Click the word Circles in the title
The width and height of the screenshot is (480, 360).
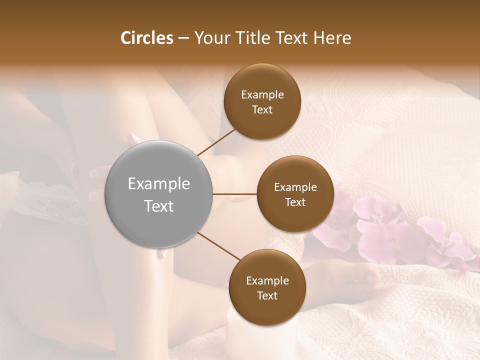tap(146, 38)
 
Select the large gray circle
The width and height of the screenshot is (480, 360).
tap(158, 194)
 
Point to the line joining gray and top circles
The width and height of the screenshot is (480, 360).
tap(216, 142)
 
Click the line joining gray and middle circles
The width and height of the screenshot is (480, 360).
tap(235, 194)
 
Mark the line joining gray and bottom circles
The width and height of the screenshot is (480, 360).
tap(218, 246)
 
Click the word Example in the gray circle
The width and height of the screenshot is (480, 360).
tap(158, 183)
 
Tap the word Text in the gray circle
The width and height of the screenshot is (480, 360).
tap(158, 205)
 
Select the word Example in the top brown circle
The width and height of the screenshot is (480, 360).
tap(262, 95)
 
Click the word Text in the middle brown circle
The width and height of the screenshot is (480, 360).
tap(295, 202)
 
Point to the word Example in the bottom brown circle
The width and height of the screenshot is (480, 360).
tap(267, 280)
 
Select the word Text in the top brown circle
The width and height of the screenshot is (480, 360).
tap(262, 109)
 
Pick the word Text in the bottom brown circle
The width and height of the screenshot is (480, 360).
tap(267, 295)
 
